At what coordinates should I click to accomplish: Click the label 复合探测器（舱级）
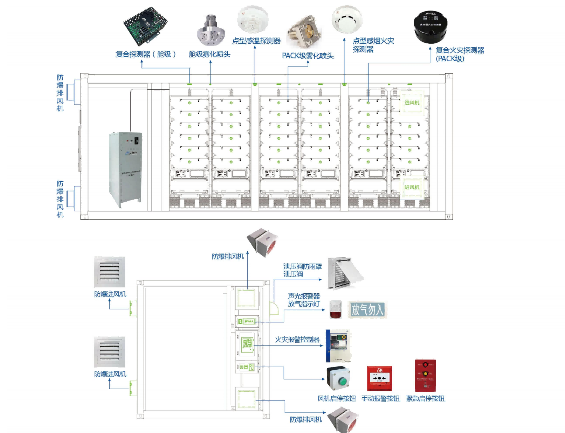tap(145, 54)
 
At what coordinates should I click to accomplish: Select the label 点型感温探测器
tap(256, 41)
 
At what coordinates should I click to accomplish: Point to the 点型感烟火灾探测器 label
tap(373, 45)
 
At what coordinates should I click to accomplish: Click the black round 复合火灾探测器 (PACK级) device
tap(430, 26)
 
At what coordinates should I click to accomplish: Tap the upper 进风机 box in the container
tap(412, 103)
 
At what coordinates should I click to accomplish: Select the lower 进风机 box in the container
tap(412, 187)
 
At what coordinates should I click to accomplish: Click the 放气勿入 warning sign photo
tap(367, 310)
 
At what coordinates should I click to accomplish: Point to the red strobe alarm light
tap(336, 310)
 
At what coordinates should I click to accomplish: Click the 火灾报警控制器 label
tap(297, 340)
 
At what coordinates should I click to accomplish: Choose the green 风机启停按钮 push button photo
tap(338, 378)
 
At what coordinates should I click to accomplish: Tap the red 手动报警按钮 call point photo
tap(379, 378)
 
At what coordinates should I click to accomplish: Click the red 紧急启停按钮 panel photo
tap(425, 376)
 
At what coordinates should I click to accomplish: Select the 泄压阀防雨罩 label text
tap(302, 267)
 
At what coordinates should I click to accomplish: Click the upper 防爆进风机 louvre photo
tap(109, 272)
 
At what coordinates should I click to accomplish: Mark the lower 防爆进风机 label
tap(110, 374)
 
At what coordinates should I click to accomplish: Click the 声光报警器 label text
tap(304, 296)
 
